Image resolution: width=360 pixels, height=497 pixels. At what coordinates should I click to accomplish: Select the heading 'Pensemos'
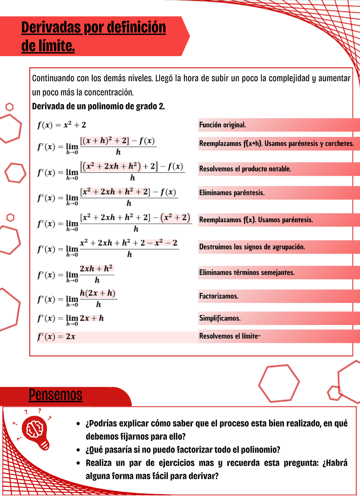[x=56, y=395]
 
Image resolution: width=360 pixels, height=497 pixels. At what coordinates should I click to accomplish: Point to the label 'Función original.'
[x=222, y=125]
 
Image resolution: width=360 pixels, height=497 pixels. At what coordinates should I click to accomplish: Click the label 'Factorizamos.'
[x=219, y=297]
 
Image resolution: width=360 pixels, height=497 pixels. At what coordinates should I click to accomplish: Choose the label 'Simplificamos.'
[x=220, y=319]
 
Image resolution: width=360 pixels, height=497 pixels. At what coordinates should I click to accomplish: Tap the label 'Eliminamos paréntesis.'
[x=232, y=193]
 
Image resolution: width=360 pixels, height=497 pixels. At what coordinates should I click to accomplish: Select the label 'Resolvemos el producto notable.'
[x=245, y=169]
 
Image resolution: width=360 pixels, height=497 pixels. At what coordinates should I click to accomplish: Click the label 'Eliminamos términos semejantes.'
[x=247, y=273]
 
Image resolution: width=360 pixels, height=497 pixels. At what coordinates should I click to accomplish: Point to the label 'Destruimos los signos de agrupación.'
[x=252, y=247]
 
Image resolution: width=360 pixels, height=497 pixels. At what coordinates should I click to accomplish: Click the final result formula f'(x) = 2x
[x=56, y=337]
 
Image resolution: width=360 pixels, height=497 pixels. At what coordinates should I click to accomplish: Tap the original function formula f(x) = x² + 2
[x=62, y=125]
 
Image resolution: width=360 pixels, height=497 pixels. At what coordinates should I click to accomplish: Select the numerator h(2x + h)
[x=98, y=293]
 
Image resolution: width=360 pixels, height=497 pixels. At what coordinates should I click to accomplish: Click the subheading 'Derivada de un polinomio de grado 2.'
[x=98, y=107]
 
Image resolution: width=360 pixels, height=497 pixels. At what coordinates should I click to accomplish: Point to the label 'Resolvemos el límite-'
[x=230, y=336]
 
